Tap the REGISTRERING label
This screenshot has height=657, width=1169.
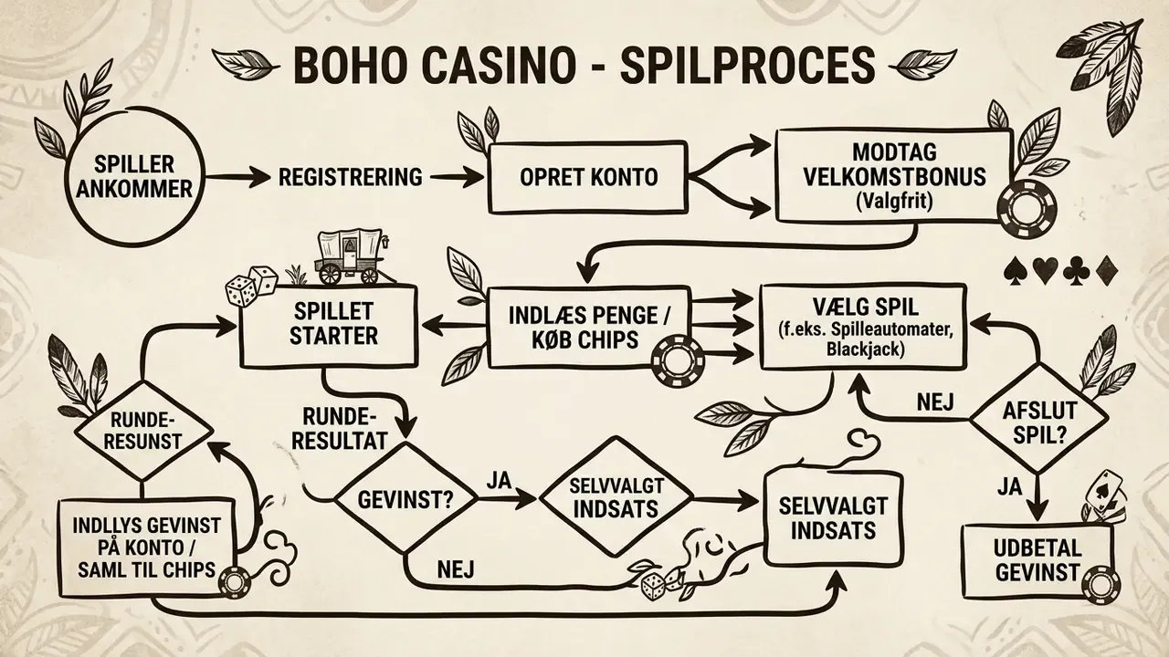tap(350, 177)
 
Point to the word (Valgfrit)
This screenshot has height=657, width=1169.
tap(894, 203)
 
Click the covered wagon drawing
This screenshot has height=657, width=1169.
tap(350, 257)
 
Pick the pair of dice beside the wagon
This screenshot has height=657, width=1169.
tap(250, 286)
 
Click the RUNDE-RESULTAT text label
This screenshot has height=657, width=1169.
tap(339, 428)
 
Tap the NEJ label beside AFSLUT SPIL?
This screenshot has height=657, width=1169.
tap(935, 402)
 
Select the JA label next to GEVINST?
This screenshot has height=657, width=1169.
tap(499, 481)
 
